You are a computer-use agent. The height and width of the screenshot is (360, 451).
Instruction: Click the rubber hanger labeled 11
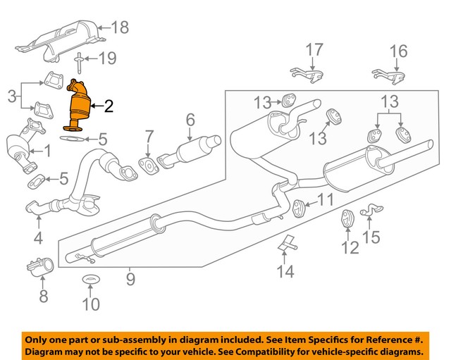(x=299, y=208)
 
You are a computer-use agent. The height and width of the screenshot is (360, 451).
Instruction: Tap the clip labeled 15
(x=369, y=210)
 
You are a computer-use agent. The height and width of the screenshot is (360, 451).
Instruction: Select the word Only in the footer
(x=39, y=337)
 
